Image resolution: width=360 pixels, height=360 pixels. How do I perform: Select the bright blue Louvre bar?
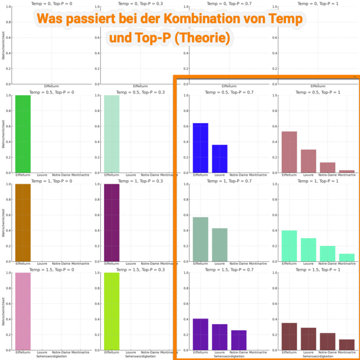point(219,159)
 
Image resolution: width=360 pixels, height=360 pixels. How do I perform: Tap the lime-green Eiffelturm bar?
point(112,311)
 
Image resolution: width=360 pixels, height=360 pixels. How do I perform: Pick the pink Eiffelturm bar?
point(23,311)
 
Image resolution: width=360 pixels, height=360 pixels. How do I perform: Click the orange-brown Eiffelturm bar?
point(23,223)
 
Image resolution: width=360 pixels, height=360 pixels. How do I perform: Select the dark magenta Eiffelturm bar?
point(112,223)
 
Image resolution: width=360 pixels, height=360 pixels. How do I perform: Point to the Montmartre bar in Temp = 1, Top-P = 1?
point(346,257)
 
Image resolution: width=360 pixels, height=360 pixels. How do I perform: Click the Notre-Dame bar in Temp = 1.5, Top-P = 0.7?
point(239,340)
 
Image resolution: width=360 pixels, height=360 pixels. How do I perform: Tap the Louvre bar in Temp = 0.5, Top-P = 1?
point(308,161)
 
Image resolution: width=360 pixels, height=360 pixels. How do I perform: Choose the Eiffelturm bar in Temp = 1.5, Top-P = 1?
point(289,337)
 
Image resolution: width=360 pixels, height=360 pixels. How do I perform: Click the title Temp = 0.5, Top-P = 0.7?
point(229,92)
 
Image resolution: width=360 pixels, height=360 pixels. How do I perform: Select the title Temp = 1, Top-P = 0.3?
point(140,181)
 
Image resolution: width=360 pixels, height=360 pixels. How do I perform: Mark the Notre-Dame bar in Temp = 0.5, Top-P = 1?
point(327,168)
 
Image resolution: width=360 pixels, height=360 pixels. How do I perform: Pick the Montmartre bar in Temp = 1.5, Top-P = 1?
point(346,345)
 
